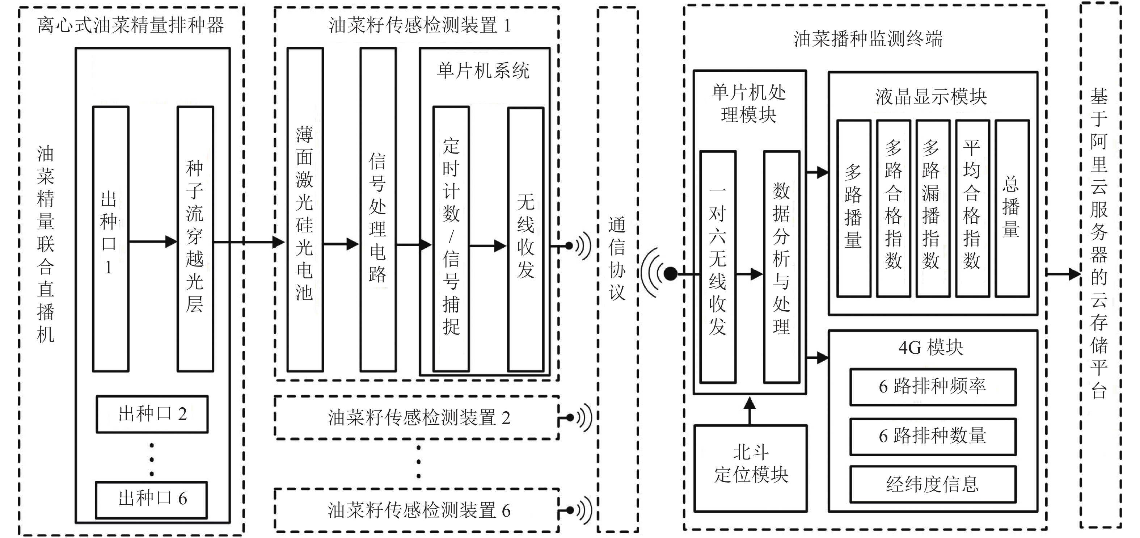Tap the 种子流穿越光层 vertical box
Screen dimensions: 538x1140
coord(195,239)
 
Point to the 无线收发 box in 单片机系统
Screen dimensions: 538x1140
coord(525,239)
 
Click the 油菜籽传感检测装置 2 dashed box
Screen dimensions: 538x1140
coord(417,417)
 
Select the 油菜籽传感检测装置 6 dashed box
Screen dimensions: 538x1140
coord(417,510)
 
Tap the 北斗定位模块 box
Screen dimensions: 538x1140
coord(750,468)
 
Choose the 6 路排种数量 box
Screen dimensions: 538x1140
coord(932,436)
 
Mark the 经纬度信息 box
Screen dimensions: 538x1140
coord(932,484)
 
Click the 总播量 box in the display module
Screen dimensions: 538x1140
coord(1012,208)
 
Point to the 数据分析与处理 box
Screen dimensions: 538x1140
coord(781,266)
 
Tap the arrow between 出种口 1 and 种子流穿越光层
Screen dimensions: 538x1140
coord(153,241)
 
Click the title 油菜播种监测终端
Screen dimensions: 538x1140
coord(867,39)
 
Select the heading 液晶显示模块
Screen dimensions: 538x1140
coord(931,97)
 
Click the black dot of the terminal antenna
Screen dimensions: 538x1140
coord(671,274)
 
